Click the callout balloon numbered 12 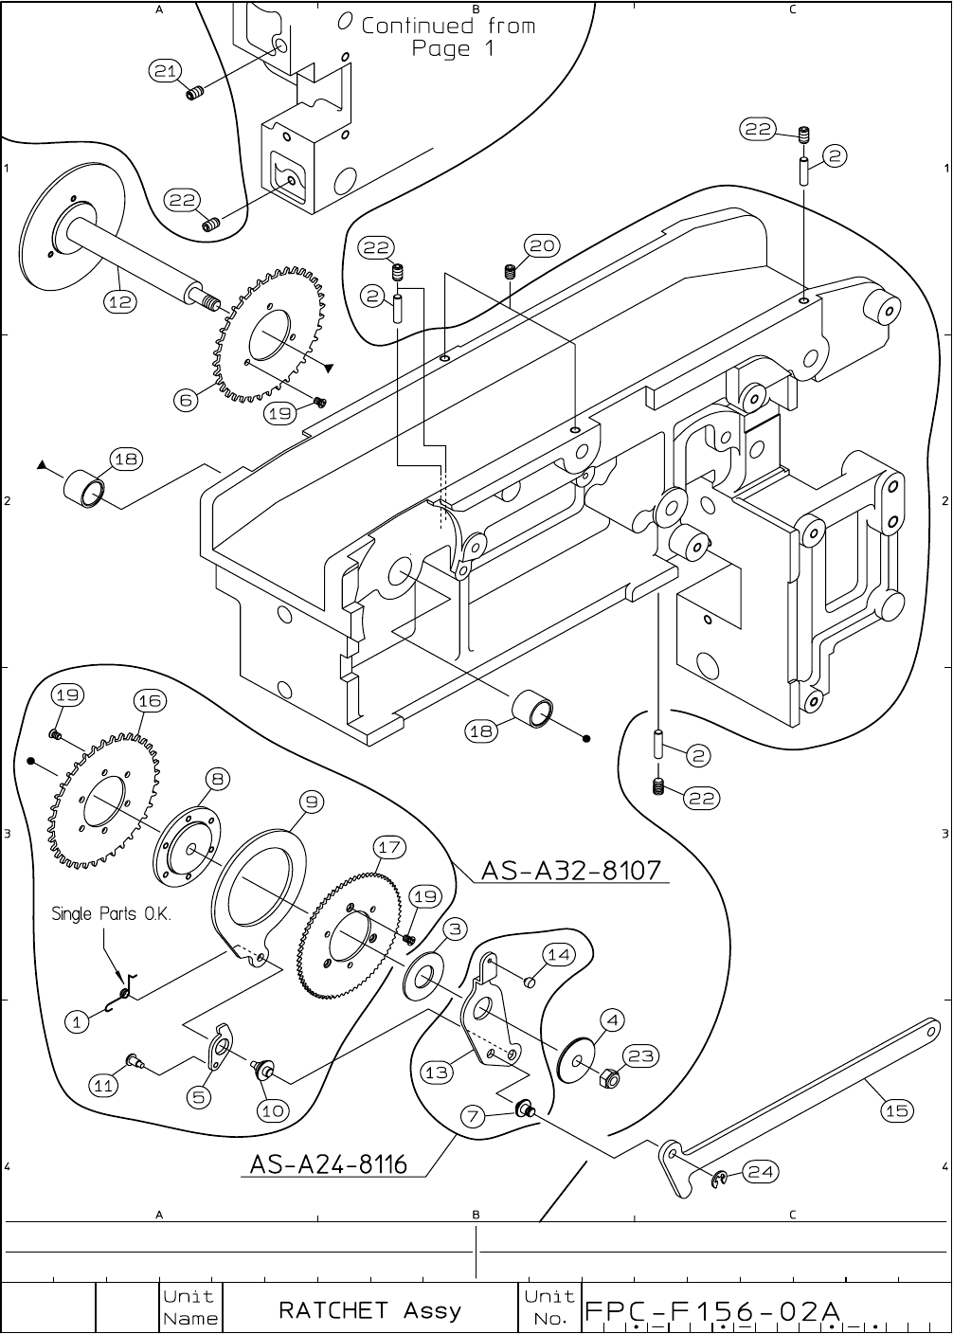[x=120, y=302]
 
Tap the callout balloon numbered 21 [x=167, y=71]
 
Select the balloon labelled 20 [x=542, y=246]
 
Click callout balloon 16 [x=150, y=701]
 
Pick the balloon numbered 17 [x=388, y=846]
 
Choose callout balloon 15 [x=897, y=1110]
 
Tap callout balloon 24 [x=760, y=1172]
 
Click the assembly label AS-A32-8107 [x=570, y=870]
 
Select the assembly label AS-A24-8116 [x=329, y=1163]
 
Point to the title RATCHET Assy [x=369, y=1310]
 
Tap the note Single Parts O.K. [x=111, y=914]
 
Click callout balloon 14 [x=559, y=954]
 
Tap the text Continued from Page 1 [x=448, y=36]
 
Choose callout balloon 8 [x=218, y=780]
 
